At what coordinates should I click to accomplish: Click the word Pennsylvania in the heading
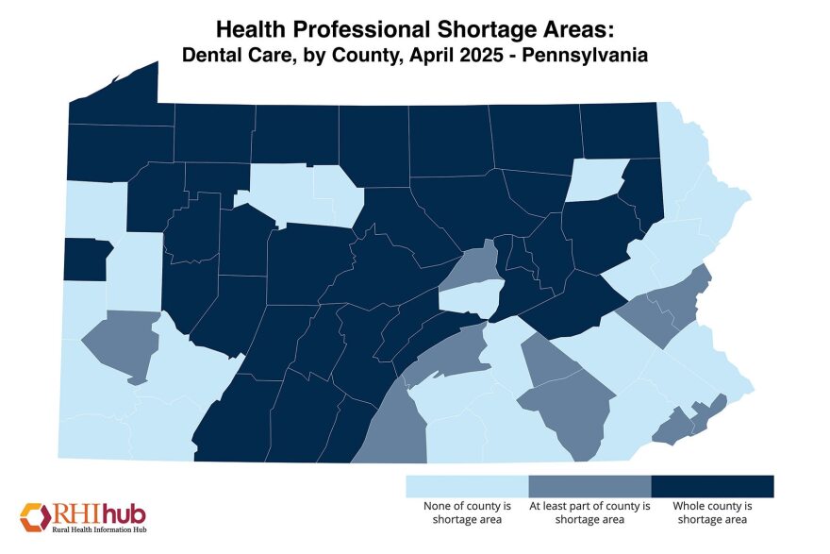coord(592,56)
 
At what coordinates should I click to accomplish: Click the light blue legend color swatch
coord(467,486)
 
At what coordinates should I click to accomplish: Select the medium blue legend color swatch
coord(589,486)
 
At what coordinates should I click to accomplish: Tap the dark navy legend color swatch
coord(712,486)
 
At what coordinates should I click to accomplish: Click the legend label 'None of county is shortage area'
coord(467,512)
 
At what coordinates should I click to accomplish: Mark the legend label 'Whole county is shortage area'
coord(712,512)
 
